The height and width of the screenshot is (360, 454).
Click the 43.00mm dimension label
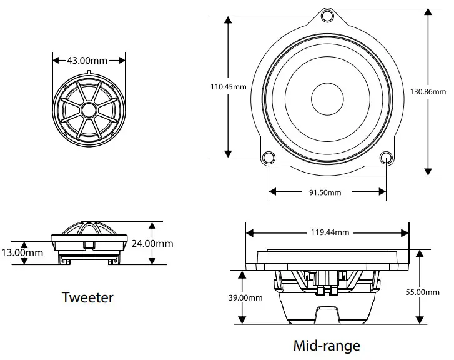[87, 61]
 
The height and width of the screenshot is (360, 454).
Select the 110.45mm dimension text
[228, 87]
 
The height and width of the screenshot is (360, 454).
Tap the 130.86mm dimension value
[428, 91]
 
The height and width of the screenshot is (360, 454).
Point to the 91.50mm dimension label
[326, 192]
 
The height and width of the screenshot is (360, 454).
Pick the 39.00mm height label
[245, 298]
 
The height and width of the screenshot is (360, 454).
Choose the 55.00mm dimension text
[423, 292]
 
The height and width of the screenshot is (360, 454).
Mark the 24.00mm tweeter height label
[152, 244]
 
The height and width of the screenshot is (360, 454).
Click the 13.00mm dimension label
[23, 252]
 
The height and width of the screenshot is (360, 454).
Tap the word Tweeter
[88, 297]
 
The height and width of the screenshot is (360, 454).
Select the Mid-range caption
[327, 345]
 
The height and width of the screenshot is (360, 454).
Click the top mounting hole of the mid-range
[328, 16]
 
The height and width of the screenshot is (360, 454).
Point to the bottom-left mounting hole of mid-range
[268, 157]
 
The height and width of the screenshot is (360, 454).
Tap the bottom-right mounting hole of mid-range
[387, 157]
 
